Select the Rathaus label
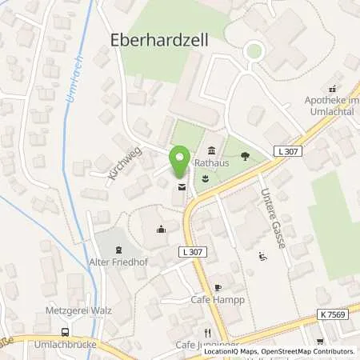point(212,166)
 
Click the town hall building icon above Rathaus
point(212,151)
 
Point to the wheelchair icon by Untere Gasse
point(263,257)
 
